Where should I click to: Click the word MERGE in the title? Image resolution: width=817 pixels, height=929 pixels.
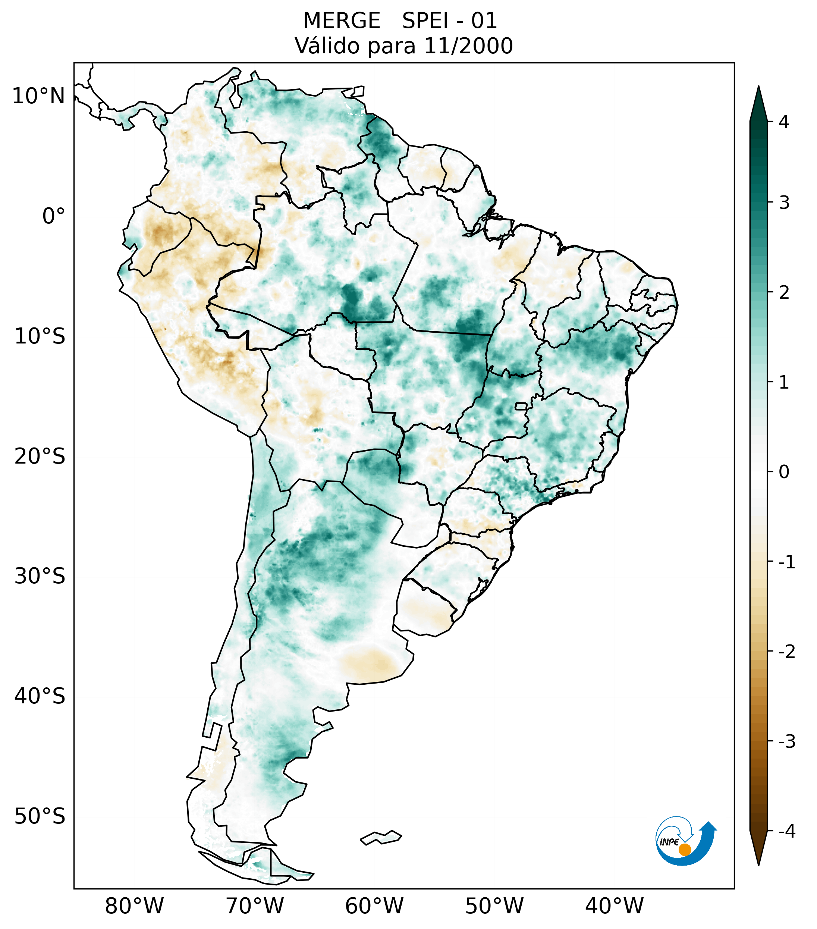click(x=341, y=21)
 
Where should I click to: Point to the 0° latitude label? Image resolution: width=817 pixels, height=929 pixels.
click(x=53, y=216)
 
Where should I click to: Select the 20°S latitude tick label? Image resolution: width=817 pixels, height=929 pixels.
click(x=40, y=456)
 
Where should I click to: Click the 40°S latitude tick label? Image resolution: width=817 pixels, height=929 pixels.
click(x=40, y=696)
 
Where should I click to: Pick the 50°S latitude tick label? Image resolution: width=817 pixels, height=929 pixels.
click(x=40, y=817)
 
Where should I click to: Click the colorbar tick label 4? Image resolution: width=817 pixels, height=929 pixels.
click(x=784, y=122)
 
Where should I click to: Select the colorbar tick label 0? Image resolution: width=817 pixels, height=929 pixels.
click(x=784, y=472)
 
